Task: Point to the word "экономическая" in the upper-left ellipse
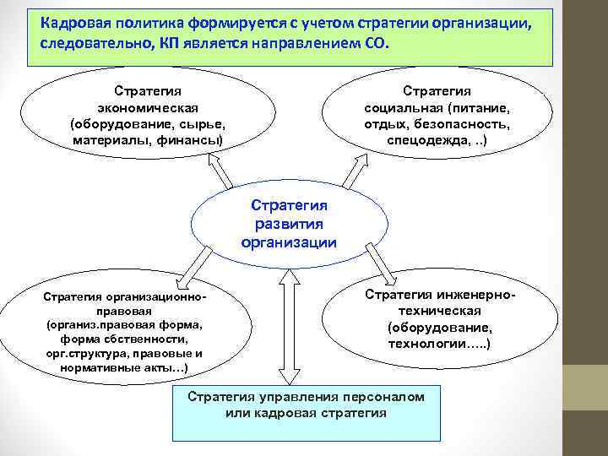click(148, 107)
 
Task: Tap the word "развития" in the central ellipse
click(289, 224)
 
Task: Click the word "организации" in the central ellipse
click(289, 242)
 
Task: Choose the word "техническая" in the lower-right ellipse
click(440, 310)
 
